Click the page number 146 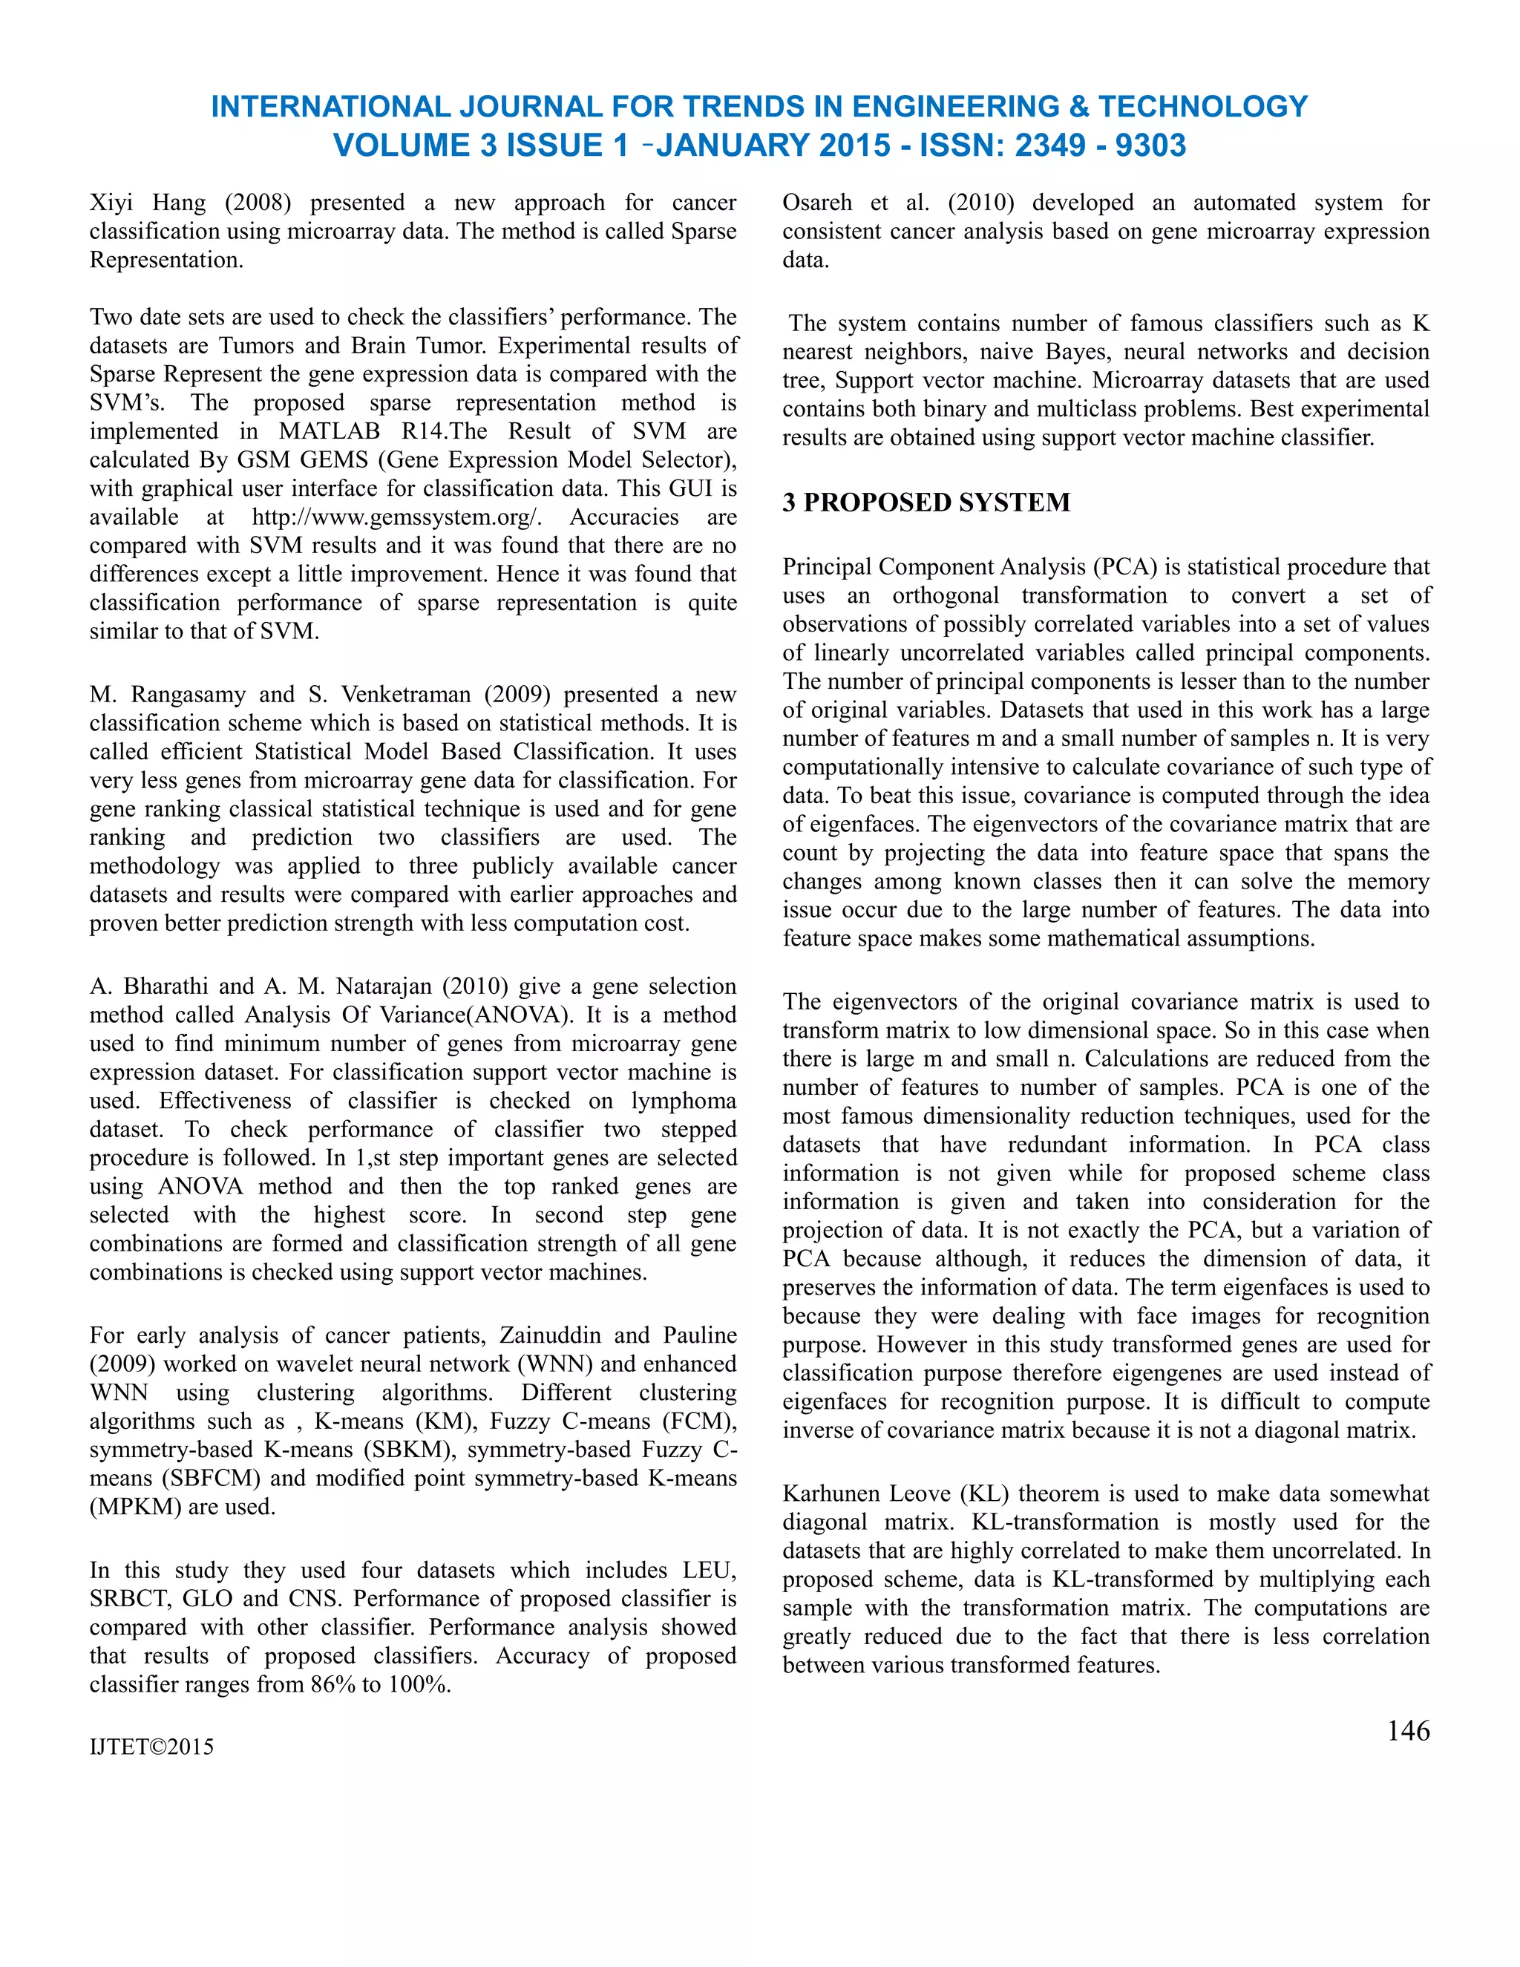click(x=1407, y=1730)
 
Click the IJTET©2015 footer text click(x=151, y=1747)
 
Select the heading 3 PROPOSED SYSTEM click(x=926, y=502)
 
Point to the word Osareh click(x=816, y=203)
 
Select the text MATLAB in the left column click(x=329, y=431)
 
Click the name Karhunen click(x=827, y=1493)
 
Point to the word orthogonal click(x=945, y=595)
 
